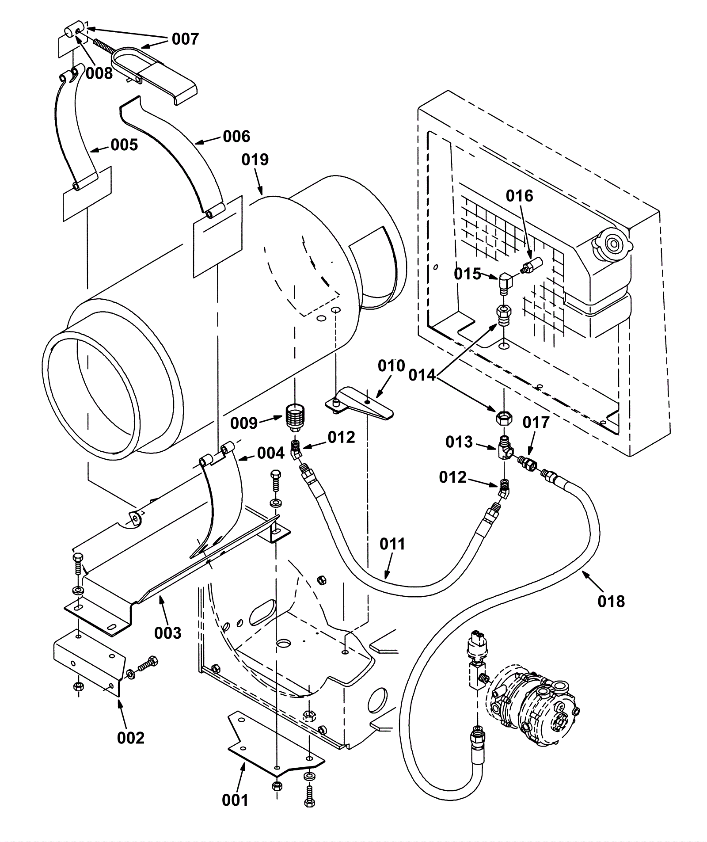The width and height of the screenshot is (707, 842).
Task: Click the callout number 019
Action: (255, 160)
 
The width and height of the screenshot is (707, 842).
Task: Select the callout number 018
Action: (611, 601)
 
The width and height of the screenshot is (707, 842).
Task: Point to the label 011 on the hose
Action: (392, 544)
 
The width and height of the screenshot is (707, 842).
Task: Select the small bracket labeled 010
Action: (359, 403)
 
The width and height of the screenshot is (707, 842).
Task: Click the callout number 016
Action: (519, 196)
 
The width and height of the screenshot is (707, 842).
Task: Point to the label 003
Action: (168, 633)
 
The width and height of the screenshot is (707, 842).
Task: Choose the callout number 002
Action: (131, 738)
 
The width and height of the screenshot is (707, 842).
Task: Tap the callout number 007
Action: (186, 39)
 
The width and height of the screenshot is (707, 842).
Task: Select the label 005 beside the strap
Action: (124, 145)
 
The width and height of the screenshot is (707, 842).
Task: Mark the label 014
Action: (422, 375)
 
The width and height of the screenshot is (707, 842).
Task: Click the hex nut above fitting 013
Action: (505, 416)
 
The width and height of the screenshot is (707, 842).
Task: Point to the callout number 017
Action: (536, 423)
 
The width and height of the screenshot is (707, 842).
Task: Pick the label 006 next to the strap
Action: (236, 137)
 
